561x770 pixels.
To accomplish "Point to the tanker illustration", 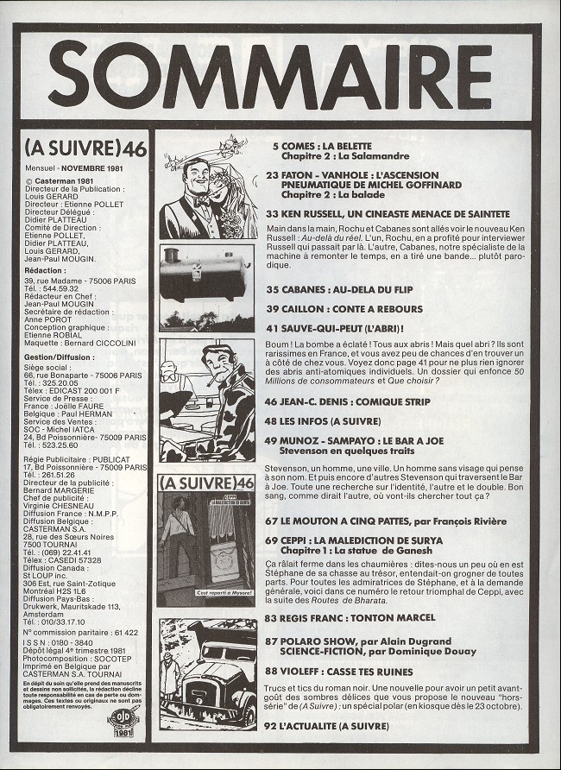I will [x=205, y=275].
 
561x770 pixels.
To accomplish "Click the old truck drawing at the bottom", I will [x=208, y=686].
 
